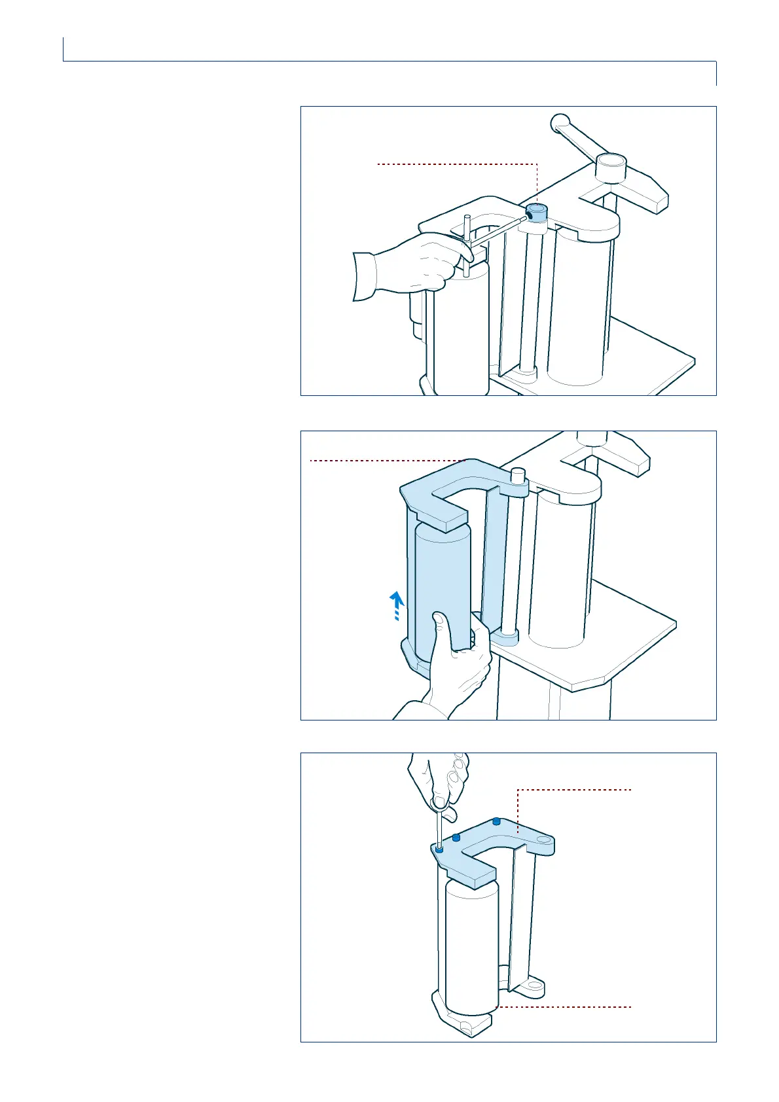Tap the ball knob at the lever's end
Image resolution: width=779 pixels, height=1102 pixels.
tap(560, 122)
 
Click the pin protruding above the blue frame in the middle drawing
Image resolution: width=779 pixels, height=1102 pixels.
tap(518, 475)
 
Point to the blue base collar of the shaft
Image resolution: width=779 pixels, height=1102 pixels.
tap(508, 635)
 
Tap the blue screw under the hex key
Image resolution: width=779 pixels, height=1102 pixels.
tap(439, 849)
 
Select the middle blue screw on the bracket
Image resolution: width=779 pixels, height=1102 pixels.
tap(456, 838)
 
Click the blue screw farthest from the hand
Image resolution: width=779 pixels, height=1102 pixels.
tap(497, 821)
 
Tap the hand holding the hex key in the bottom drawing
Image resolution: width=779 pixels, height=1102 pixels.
tap(439, 782)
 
